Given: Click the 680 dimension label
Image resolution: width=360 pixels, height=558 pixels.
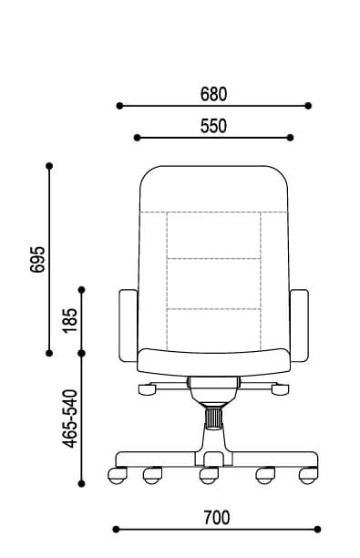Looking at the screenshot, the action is (213, 94).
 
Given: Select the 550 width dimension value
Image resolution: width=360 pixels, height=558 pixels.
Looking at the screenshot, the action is (213, 127).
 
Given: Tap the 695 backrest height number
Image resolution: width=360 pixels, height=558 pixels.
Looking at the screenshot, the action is (38, 260).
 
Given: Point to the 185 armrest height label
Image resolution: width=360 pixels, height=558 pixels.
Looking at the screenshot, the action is (70, 321).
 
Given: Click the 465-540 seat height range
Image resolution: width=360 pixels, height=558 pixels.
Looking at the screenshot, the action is (70, 418).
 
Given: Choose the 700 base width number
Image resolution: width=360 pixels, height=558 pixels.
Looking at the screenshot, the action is (217, 518).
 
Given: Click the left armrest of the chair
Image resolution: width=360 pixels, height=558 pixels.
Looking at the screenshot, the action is (129, 325).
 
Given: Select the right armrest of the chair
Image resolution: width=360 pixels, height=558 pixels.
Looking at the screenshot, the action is (299, 325).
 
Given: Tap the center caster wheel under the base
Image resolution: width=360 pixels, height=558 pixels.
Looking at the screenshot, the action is (209, 476).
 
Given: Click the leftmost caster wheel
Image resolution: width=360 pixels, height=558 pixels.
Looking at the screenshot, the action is (118, 476).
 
